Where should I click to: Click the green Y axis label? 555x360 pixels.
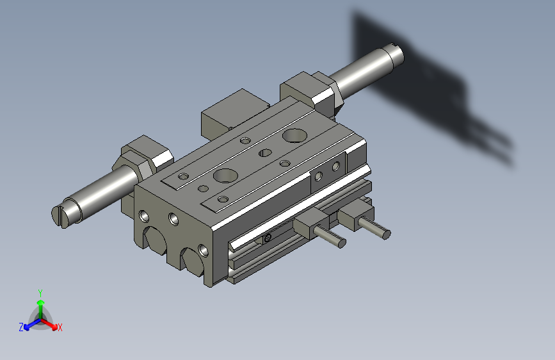40,292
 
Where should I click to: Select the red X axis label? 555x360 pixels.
60,328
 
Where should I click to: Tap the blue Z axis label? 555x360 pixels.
21,327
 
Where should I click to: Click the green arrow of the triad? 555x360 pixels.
40,305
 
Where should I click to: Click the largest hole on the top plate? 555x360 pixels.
294,135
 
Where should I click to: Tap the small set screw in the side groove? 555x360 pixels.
267,238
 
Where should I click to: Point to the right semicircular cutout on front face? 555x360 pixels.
191,259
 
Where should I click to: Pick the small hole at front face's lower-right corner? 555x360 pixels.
203,249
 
